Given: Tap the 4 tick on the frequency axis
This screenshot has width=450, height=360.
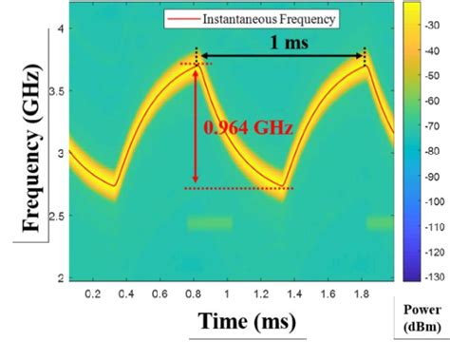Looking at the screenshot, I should click(59, 29).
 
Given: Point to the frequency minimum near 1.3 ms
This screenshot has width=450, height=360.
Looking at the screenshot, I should click(282, 185).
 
